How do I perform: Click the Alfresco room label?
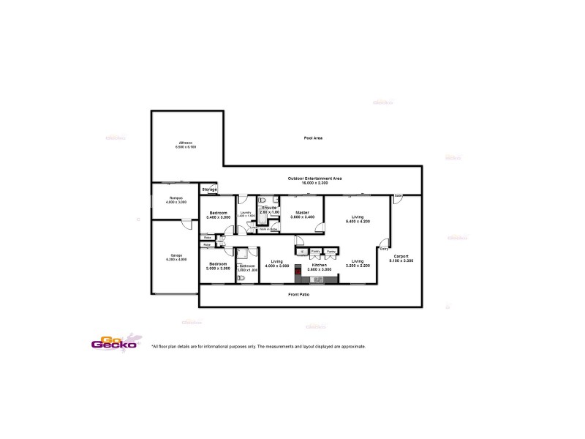click(x=186, y=143)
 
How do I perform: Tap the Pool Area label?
click(x=314, y=138)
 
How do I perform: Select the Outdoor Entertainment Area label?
click(x=322, y=178)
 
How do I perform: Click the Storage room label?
click(x=210, y=190)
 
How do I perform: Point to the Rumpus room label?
click(x=175, y=198)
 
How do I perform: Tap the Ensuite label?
click(x=271, y=208)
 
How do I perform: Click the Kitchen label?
click(x=317, y=265)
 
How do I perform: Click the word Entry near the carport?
click(x=384, y=250)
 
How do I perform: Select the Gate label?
click(x=398, y=195)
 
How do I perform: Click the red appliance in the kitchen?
click(x=298, y=274)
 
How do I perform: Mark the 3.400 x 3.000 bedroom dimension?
click(x=218, y=217)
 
